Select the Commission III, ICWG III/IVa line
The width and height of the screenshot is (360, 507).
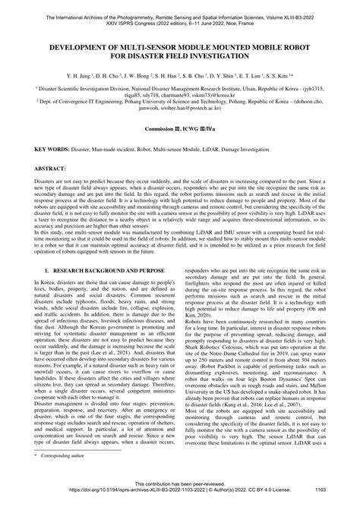pos(179,130)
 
